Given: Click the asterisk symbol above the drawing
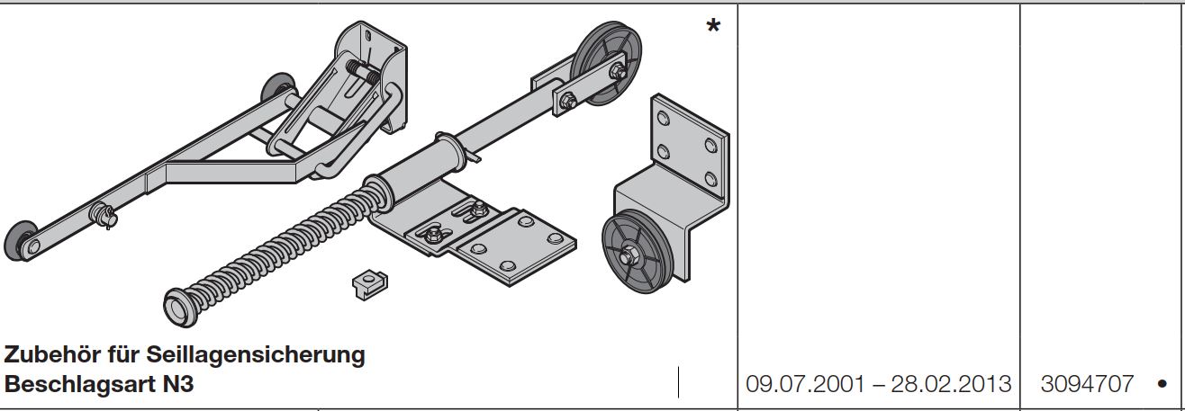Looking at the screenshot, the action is click(713, 25).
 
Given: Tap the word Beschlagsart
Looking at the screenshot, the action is click(79, 384).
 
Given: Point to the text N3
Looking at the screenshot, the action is click(177, 384).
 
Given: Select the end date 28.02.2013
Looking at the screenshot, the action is click(951, 384).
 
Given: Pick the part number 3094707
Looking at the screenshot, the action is click(1087, 384).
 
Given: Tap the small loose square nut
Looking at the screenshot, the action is click(370, 285).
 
